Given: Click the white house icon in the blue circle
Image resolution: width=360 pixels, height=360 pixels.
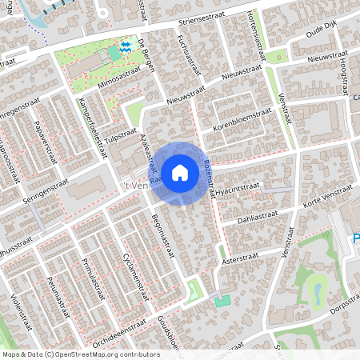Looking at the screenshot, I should [180, 172].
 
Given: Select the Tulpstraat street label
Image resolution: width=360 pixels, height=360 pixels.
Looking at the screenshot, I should [115, 136].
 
